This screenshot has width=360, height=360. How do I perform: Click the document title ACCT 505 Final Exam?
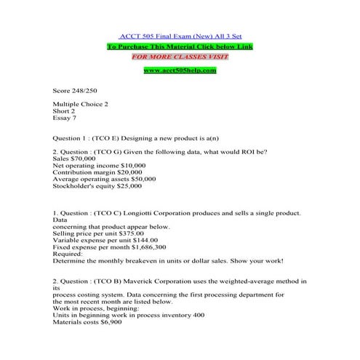pos(180,36)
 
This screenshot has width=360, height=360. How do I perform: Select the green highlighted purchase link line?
pos(180,46)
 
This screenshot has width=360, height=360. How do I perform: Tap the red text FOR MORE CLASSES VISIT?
pos(180,56)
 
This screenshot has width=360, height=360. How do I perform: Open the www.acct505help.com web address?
pos(180,70)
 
